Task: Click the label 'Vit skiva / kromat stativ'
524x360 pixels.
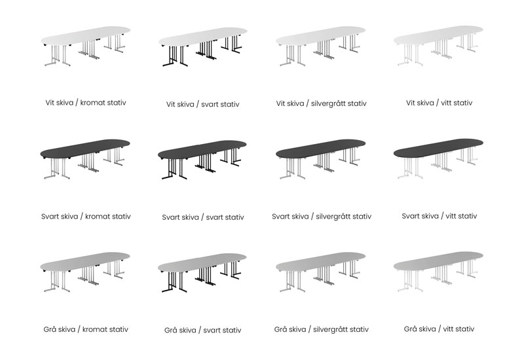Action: coord(85,103)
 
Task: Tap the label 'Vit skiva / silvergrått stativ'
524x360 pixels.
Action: coord(321,103)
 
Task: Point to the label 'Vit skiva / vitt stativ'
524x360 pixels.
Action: coord(439,103)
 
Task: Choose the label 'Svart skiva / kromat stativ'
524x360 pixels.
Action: coord(85,216)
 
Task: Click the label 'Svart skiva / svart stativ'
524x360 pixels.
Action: coord(203,217)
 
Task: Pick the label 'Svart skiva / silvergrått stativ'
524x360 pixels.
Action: coord(321,216)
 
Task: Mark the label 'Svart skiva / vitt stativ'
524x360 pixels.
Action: coord(439,216)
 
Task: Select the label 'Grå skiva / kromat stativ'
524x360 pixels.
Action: coord(85,329)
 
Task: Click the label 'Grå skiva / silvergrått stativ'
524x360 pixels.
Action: coord(321,329)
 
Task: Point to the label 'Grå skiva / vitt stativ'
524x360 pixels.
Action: coord(439,329)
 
